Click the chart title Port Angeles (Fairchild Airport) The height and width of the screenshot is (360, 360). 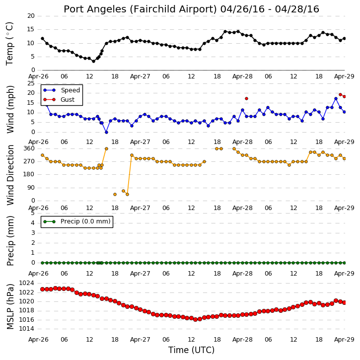pyautogui.click(x=141, y=9)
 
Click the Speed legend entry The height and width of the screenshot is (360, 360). pyautogui.click(x=62, y=90)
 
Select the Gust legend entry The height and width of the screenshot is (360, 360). pyautogui.click(x=59, y=100)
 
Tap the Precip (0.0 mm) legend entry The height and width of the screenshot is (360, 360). pyautogui.click(x=77, y=221)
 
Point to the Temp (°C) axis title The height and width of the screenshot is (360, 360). pyautogui.click(x=9, y=44)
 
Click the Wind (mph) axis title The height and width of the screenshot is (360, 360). pyautogui.click(x=10, y=109)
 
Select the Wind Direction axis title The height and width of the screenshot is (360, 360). pyautogui.click(x=10, y=175)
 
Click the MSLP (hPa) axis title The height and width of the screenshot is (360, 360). pyautogui.click(x=10, y=306)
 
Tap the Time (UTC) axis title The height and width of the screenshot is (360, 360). pyautogui.click(x=191, y=350)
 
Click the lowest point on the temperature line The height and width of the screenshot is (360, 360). pyautogui.click(x=93, y=61)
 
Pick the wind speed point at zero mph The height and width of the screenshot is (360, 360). pyautogui.click(x=106, y=133)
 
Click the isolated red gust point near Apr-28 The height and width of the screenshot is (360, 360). pyautogui.click(x=247, y=99)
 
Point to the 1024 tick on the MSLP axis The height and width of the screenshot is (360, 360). pyautogui.click(x=26, y=283)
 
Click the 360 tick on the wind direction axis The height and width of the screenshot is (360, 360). pyautogui.click(x=29, y=148)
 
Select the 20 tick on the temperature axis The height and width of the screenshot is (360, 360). pyautogui.click(x=31, y=16)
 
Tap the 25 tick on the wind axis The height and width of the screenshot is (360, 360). pyautogui.click(x=31, y=83)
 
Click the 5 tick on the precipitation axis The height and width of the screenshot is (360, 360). pyautogui.click(x=33, y=213)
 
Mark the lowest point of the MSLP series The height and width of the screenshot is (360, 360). pyautogui.click(x=195, y=319)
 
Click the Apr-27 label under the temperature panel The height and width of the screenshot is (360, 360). pyautogui.click(x=140, y=76)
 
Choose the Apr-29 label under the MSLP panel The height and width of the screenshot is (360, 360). pyautogui.click(x=344, y=340)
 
